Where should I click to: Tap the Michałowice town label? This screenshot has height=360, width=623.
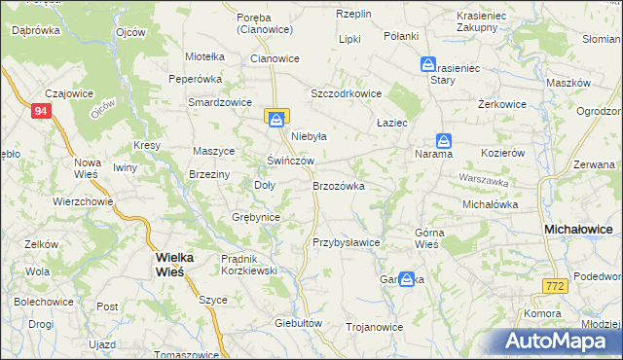[x=577, y=228]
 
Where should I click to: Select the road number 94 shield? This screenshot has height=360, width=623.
[x=40, y=112]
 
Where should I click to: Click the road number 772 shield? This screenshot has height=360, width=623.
[x=555, y=285]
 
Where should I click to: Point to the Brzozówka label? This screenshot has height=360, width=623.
[x=338, y=185]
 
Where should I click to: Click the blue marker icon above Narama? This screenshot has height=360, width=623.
[x=443, y=139]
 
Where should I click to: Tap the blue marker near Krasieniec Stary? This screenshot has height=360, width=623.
[x=427, y=63]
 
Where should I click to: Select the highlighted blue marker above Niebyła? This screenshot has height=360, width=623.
[x=276, y=118]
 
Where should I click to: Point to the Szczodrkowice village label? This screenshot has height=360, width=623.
[x=346, y=93]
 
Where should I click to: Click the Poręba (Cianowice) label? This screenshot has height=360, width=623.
[x=266, y=22]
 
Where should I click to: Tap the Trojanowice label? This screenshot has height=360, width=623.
[x=375, y=327]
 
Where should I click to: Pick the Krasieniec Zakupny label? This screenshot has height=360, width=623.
[x=484, y=22]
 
